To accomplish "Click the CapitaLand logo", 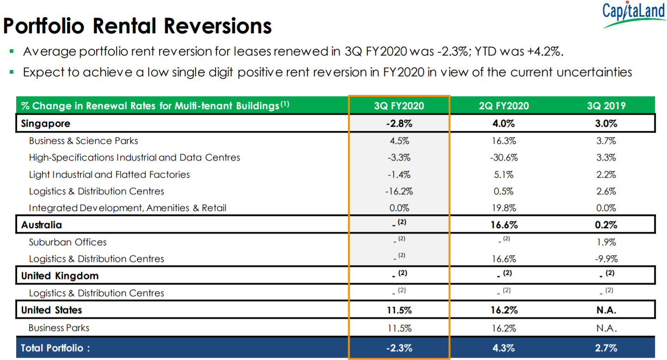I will click(x=634, y=14).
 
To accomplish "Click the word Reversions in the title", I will click(x=217, y=26).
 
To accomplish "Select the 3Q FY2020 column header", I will click(x=399, y=106).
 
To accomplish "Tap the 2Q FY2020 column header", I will click(x=504, y=106).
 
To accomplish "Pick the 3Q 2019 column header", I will click(x=606, y=106).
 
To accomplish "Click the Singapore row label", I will click(x=46, y=124).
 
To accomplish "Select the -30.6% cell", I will click(x=504, y=158).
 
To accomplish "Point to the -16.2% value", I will click(x=399, y=192).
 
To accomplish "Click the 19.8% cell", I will click(x=504, y=208).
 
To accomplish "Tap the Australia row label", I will click(x=42, y=225).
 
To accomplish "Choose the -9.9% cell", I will click(x=606, y=259).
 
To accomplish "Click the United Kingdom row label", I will click(x=60, y=276).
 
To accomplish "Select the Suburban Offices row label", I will click(x=68, y=242).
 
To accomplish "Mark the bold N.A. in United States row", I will click(x=606, y=310).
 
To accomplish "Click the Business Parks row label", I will click(x=59, y=328).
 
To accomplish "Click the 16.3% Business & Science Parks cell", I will click(x=504, y=141).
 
